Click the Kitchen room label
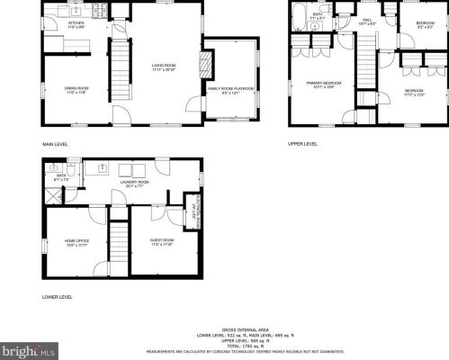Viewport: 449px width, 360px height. (76, 24)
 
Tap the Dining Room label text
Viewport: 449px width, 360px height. (76, 88)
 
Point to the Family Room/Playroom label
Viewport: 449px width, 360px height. (231, 89)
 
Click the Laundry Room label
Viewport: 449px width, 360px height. (134, 184)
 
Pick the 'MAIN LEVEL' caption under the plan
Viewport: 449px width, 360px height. (55, 143)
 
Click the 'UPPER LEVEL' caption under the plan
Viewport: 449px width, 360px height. (302, 143)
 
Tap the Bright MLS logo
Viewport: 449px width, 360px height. (27, 349)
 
